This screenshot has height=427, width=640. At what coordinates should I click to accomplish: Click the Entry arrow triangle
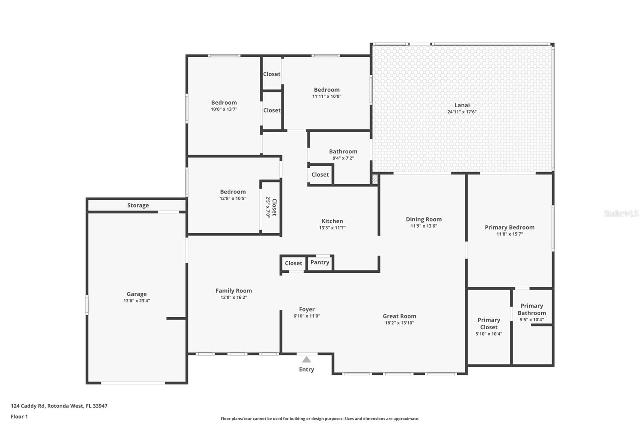click(x=306, y=359)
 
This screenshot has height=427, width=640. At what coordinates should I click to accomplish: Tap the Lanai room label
click(x=462, y=105)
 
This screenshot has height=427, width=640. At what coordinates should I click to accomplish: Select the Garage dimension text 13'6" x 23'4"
click(x=136, y=301)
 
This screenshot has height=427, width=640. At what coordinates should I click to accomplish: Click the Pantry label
click(x=320, y=262)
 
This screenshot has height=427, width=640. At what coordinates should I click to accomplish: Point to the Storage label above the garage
click(x=138, y=205)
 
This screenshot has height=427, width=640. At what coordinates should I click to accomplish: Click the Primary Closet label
click(x=489, y=323)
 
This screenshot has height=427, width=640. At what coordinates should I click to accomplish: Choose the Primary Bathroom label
click(x=532, y=309)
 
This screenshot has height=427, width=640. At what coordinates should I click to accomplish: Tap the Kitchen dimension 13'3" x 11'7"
click(x=332, y=228)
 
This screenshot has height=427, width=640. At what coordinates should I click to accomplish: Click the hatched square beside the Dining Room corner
click(x=375, y=179)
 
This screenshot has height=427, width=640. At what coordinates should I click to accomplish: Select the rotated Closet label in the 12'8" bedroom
click(x=274, y=207)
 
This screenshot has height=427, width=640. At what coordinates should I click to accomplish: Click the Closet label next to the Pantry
click(x=293, y=263)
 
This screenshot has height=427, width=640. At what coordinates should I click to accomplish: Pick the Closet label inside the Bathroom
click(x=320, y=175)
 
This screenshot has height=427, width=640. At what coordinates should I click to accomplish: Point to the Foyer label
click(x=307, y=309)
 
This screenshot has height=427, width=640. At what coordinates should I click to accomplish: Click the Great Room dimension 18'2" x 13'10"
click(x=399, y=323)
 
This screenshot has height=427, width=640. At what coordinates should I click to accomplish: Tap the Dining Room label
click(x=424, y=219)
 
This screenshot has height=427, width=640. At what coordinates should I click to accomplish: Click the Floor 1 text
click(x=19, y=417)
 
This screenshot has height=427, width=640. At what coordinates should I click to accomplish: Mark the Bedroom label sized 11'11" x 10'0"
click(x=326, y=90)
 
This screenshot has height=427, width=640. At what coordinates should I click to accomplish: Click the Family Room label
click(x=234, y=291)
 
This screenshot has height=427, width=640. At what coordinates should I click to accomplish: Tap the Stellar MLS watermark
click(x=621, y=214)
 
